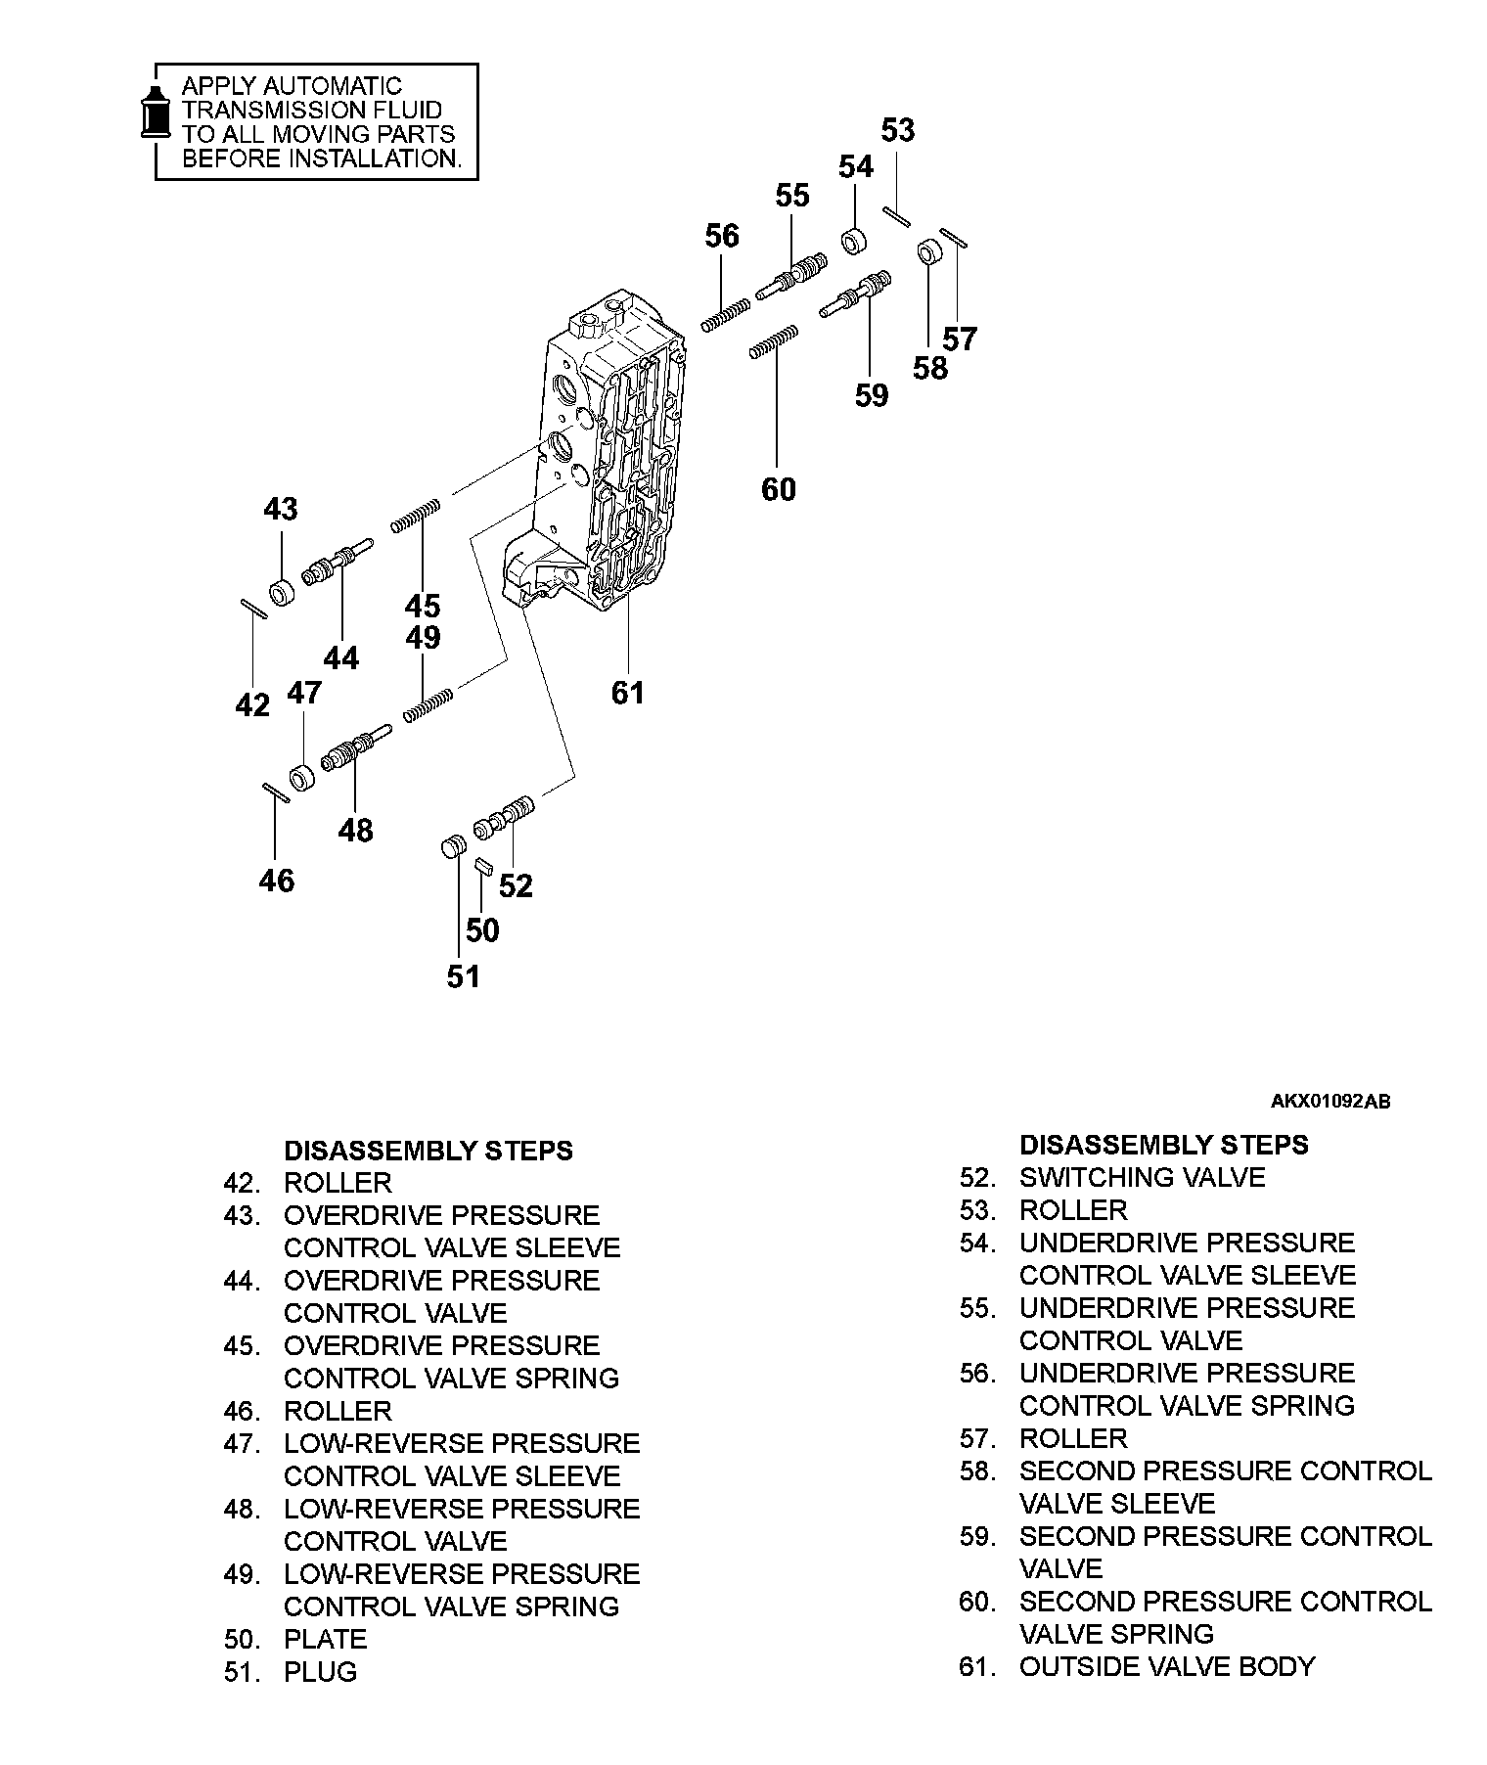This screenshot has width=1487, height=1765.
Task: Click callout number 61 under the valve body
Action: click(x=627, y=693)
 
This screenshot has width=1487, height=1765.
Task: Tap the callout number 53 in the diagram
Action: click(x=897, y=130)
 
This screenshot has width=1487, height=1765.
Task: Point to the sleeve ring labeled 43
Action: click(x=282, y=593)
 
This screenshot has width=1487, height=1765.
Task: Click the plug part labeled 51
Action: click(x=452, y=847)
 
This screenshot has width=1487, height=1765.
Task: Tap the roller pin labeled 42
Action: click(x=253, y=609)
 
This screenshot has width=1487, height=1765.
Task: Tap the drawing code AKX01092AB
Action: click(x=1329, y=1102)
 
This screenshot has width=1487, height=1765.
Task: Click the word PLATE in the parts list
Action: click(x=325, y=1639)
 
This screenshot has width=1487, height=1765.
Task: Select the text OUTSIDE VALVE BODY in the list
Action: click(x=1167, y=1666)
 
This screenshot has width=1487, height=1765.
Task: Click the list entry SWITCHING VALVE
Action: click(x=1142, y=1177)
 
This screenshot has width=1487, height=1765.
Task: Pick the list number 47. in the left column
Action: click(x=242, y=1444)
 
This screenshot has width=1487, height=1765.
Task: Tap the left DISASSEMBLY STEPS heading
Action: click(x=428, y=1151)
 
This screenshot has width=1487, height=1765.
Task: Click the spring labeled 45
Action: click(x=416, y=515)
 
